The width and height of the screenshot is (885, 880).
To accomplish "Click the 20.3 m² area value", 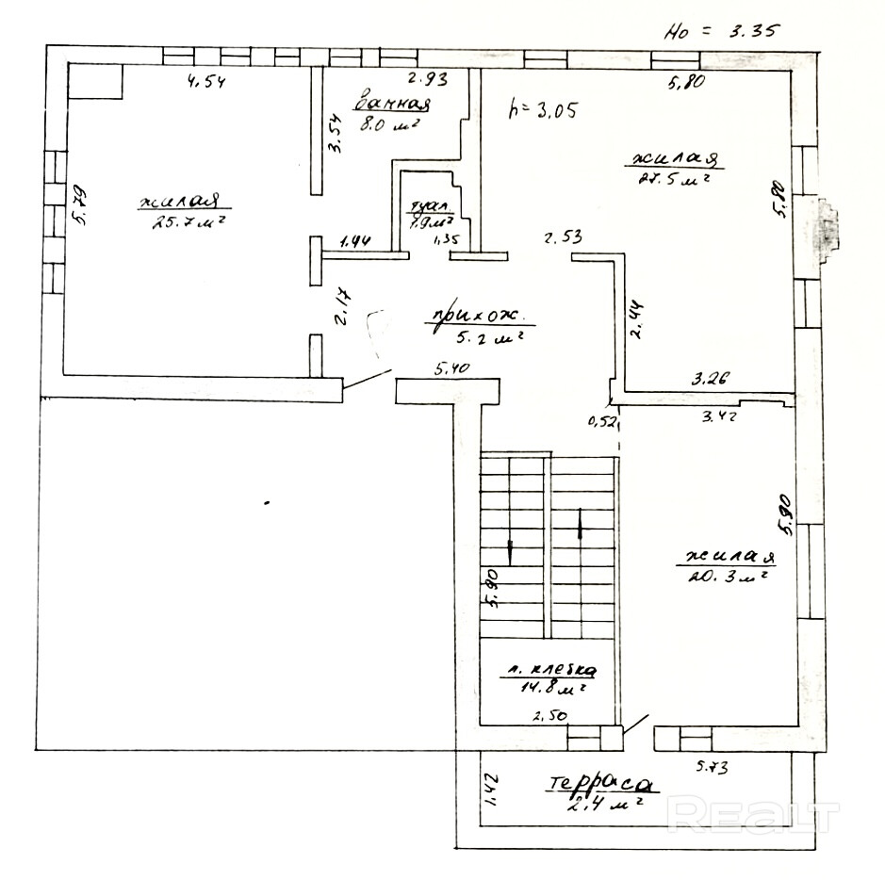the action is pyautogui.click(x=720, y=574).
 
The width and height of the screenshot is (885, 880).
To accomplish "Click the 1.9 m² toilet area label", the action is pyautogui.click(x=430, y=223).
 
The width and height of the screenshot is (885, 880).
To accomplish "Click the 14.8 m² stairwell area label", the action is pyautogui.click(x=547, y=689).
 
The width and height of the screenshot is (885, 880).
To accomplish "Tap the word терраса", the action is pyautogui.click(x=599, y=784).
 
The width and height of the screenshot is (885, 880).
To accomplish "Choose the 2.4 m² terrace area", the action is pyautogui.click(x=604, y=804).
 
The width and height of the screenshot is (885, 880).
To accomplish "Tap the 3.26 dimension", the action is pyautogui.click(x=712, y=380).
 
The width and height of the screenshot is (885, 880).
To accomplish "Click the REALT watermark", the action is pyautogui.click(x=754, y=815).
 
